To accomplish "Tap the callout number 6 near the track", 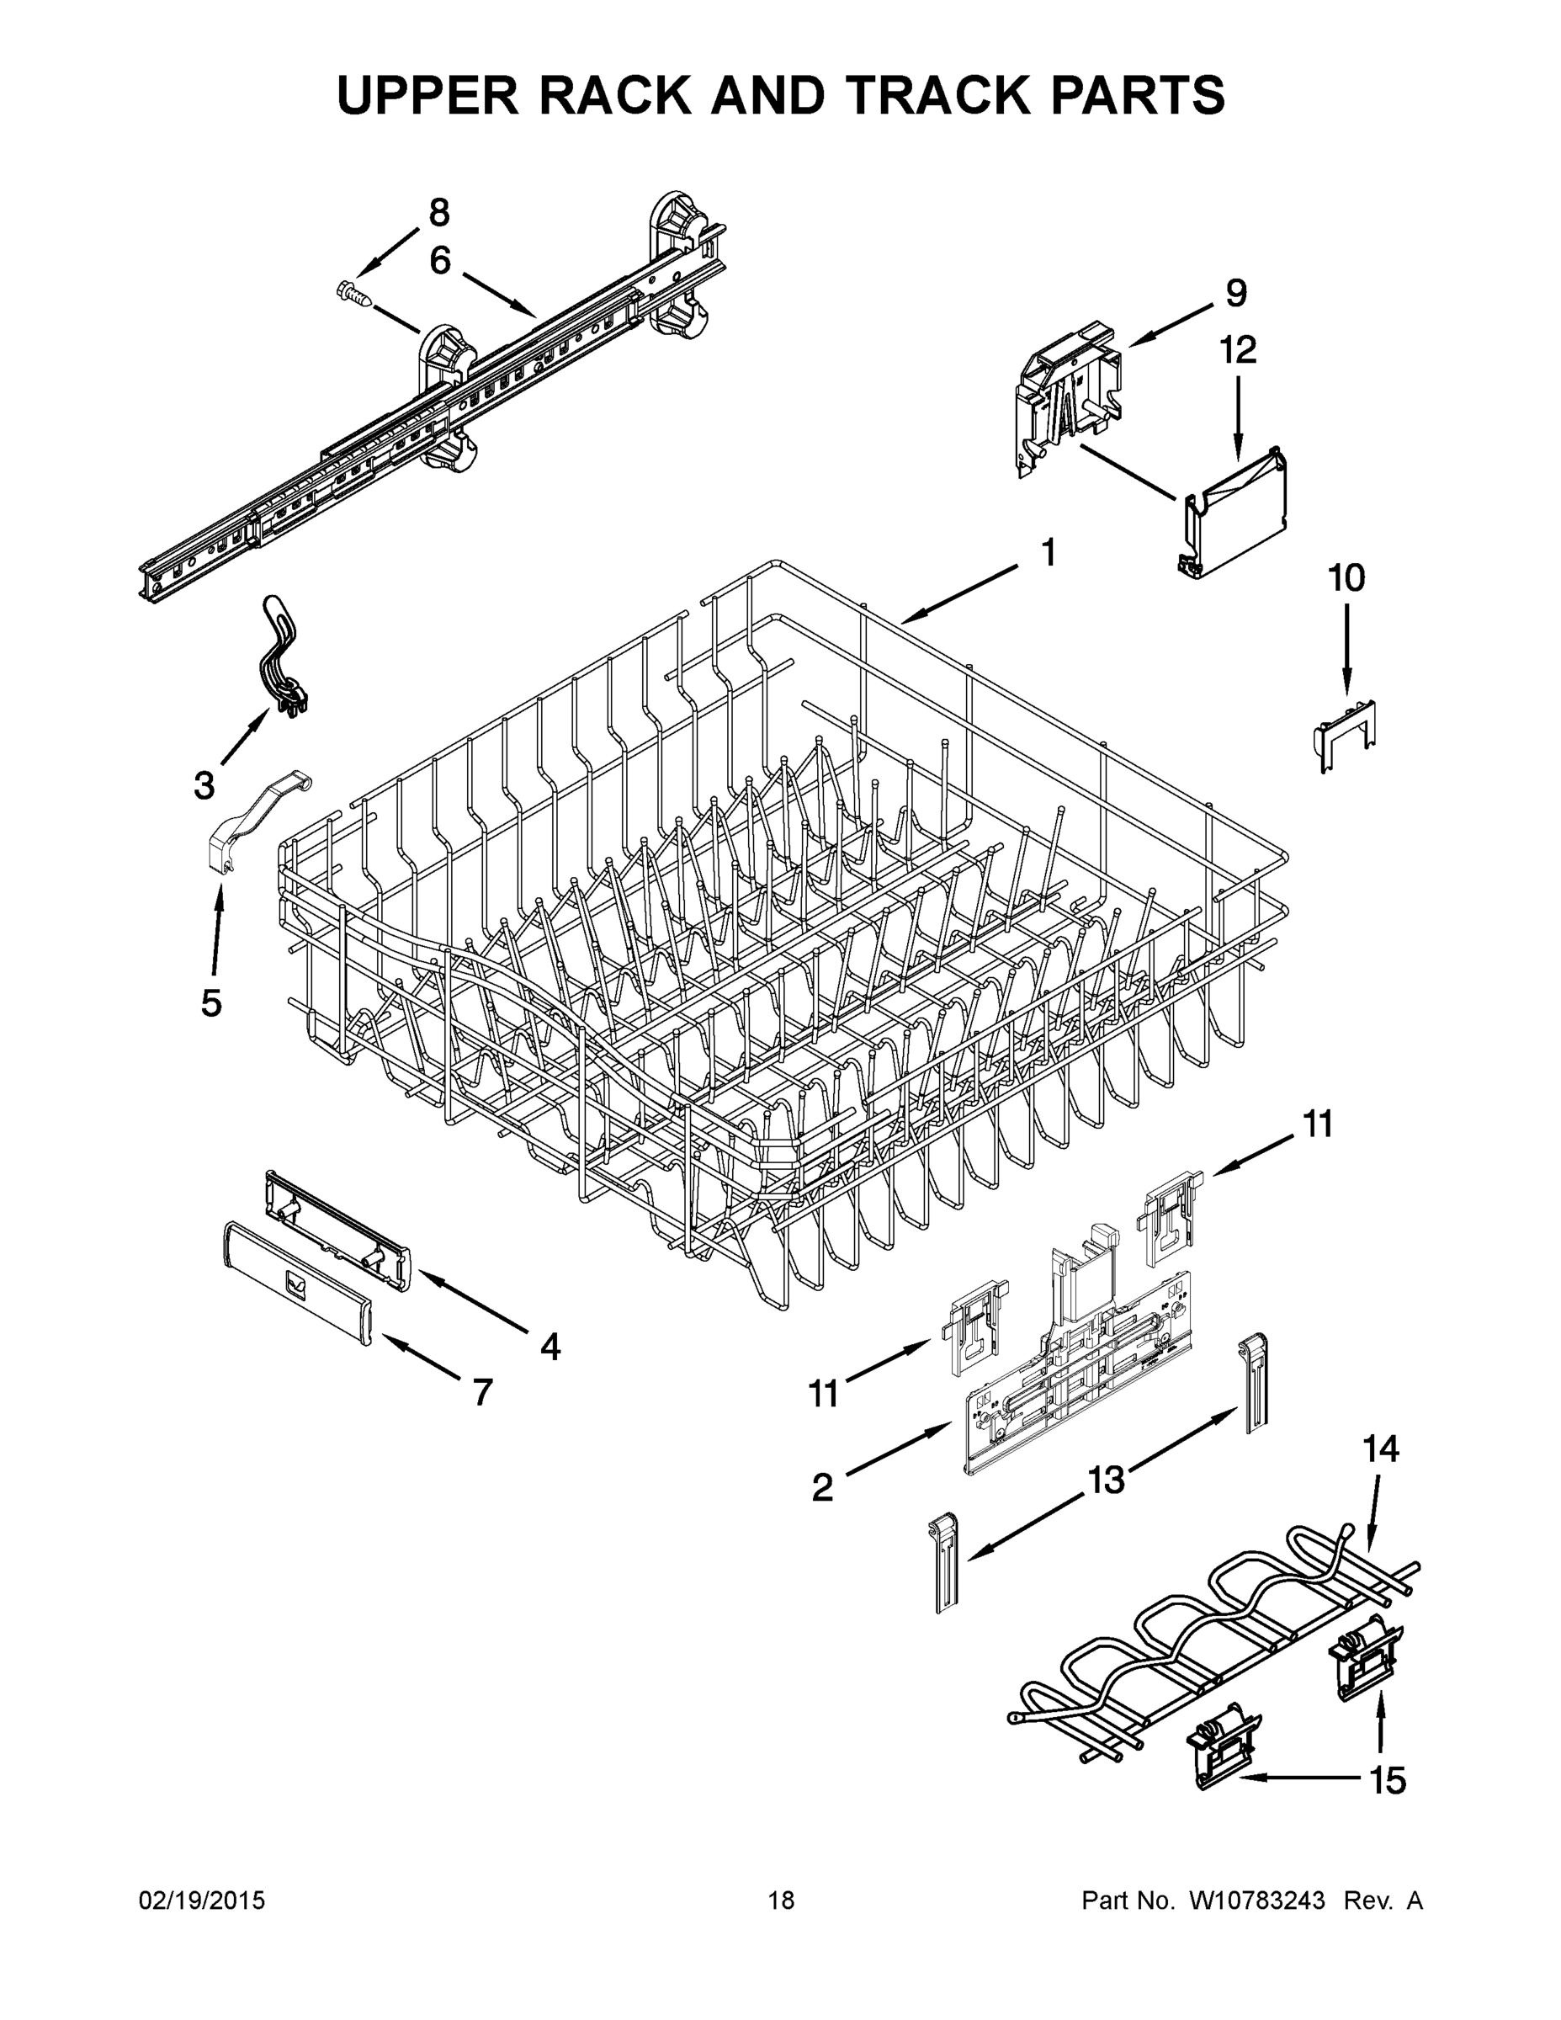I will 440,261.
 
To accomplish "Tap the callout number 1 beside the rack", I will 1048,552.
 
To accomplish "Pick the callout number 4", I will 550,1347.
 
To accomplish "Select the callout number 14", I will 1382,1449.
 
